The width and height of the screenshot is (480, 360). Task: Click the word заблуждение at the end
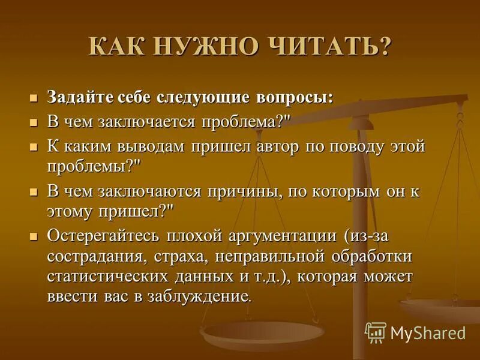point(201,297)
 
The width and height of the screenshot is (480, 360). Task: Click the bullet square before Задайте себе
point(34,97)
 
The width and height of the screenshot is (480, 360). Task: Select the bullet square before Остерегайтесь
point(34,235)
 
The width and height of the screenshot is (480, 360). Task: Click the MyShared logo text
point(428,332)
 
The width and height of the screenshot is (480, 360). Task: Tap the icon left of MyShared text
point(376,332)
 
